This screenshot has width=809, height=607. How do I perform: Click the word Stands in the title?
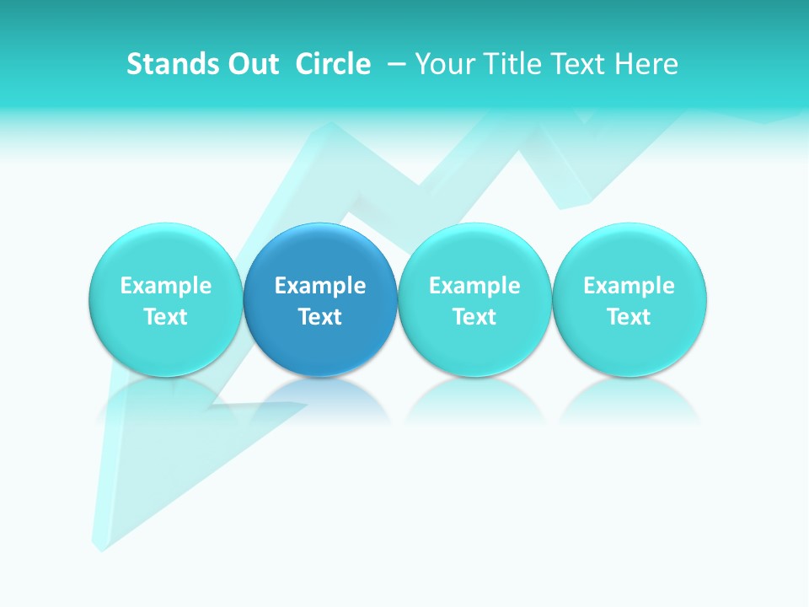pyautogui.click(x=163, y=64)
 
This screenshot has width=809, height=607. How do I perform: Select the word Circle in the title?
pyautogui.click(x=333, y=64)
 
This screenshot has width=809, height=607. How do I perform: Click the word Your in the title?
pyautogui.click(x=442, y=64)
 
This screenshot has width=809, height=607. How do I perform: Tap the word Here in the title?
pyautogui.click(x=647, y=64)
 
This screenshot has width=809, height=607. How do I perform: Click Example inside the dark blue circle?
pyautogui.click(x=320, y=286)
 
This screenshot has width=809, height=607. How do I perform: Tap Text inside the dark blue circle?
pyautogui.click(x=320, y=317)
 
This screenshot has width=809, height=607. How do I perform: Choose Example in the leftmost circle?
pyautogui.click(x=166, y=286)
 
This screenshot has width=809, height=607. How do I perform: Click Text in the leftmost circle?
pyautogui.click(x=166, y=317)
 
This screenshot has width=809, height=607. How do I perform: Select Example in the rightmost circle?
pyautogui.click(x=630, y=286)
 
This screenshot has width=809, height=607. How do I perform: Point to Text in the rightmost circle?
pyautogui.click(x=630, y=317)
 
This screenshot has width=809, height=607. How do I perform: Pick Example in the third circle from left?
pyautogui.click(x=475, y=286)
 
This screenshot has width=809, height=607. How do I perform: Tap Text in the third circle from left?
pyautogui.click(x=475, y=317)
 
